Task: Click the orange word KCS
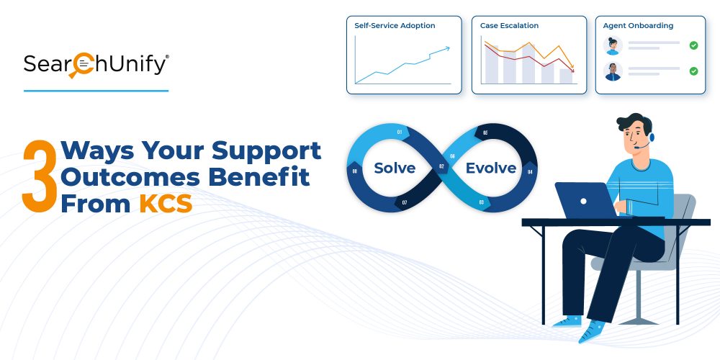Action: point(166,204)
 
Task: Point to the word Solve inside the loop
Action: point(395,168)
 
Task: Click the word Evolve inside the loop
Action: point(491,168)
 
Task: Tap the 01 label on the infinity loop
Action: point(400,132)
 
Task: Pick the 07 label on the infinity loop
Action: point(405,202)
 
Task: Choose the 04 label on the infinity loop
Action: point(529,172)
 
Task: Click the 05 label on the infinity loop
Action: point(485,132)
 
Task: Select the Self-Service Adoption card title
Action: point(395,26)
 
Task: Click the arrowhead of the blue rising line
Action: point(447,48)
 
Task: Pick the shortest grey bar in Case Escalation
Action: point(566,76)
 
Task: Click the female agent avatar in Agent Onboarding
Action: point(613,45)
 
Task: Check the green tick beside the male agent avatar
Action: point(693,71)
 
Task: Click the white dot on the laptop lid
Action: point(583,201)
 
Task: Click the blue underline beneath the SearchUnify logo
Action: point(96,91)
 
